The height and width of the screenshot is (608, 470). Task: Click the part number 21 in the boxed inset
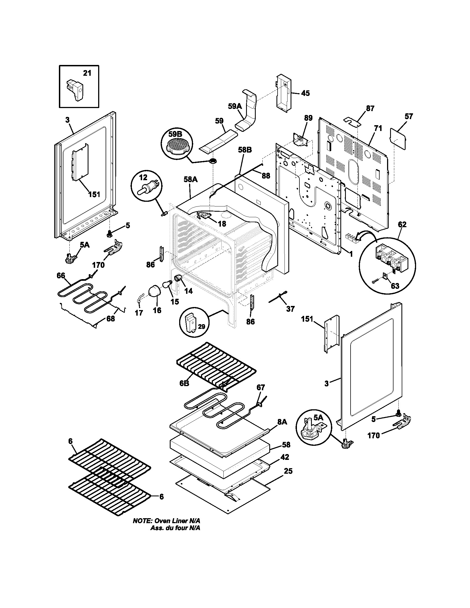click(x=87, y=73)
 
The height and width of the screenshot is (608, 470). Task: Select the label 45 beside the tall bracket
click(x=305, y=93)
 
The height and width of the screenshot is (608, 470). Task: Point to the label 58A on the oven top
click(x=190, y=180)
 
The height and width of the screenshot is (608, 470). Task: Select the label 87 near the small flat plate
click(x=370, y=108)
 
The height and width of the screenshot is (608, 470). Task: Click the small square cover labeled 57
click(x=398, y=138)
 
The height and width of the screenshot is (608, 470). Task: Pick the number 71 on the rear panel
click(x=378, y=128)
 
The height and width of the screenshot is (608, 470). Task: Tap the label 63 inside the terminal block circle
click(x=395, y=286)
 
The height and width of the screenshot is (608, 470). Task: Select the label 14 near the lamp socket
click(x=189, y=291)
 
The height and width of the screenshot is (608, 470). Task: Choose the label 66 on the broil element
click(x=61, y=276)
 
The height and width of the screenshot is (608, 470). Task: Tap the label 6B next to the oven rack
click(x=184, y=383)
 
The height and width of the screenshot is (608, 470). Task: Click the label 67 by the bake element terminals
click(x=261, y=387)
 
